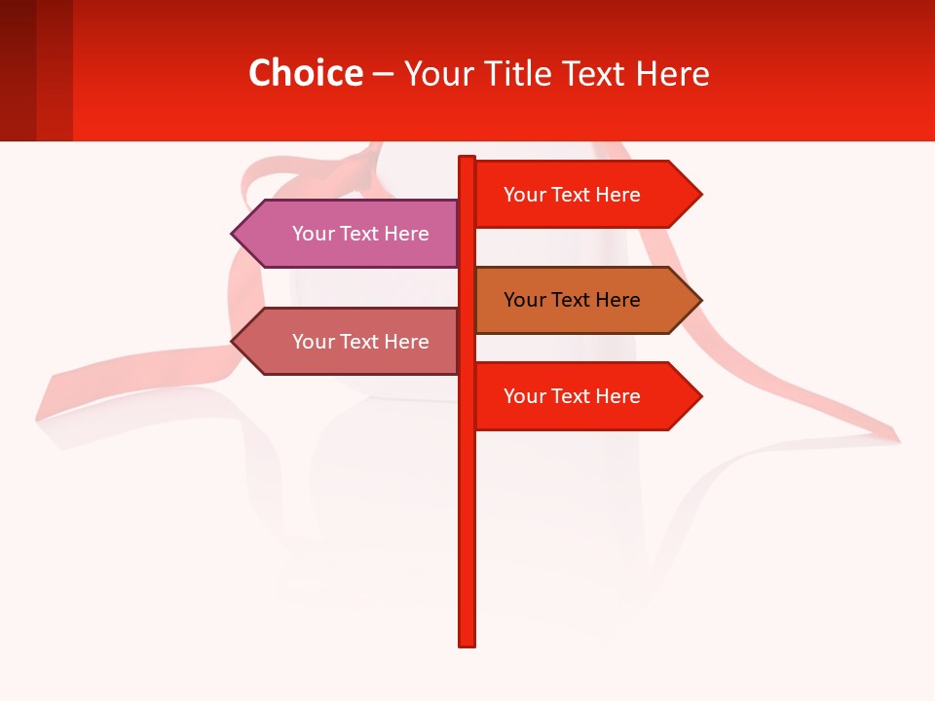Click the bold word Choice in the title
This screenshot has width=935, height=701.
[305, 73]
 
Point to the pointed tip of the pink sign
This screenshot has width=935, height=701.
[235, 234]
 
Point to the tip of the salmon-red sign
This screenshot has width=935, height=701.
[235, 342]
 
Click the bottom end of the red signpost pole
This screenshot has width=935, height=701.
[467, 642]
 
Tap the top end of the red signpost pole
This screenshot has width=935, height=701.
[467, 160]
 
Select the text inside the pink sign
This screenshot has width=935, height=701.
[360, 234]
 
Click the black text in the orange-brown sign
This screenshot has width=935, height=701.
[572, 300]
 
